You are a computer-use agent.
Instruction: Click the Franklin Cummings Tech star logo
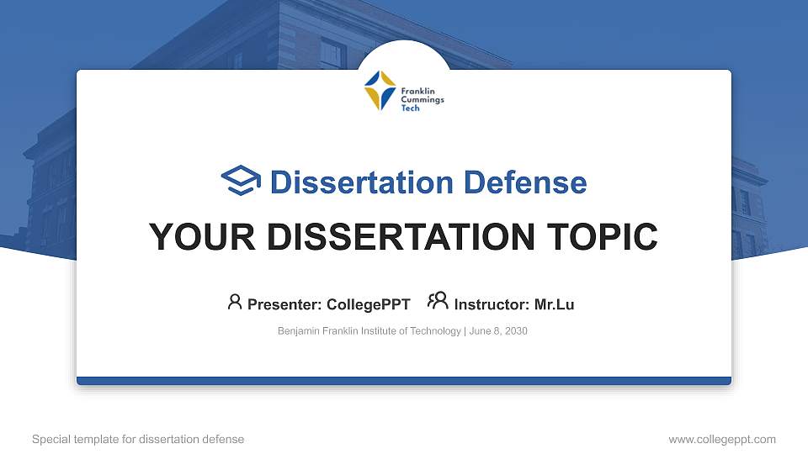pyautogui.click(x=380, y=91)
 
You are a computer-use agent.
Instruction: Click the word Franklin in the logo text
pyautogui.click(x=417, y=91)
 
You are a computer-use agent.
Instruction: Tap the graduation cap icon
pyautogui.click(x=242, y=181)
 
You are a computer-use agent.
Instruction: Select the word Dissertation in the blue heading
pyautogui.click(x=352, y=182)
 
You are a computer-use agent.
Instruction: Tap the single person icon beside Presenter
pyautogui.click(x=235, y=302)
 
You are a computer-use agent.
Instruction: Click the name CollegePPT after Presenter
pyautogui.click(x=369, y=304)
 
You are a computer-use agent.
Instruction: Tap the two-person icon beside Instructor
pyautogui.click(x=438, y=302)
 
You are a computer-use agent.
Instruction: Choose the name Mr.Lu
pyautogui.click(x=554, y=304)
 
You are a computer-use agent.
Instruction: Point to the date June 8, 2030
pyautogui.click(x=498, y=331)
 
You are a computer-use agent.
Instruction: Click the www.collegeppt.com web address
pyautogui.click(x=722, y=439)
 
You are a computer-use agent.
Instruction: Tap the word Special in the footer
pyautogui.click(x=50, y=439)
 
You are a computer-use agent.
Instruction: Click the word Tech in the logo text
pyautogui.click(x=410, y=108)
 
